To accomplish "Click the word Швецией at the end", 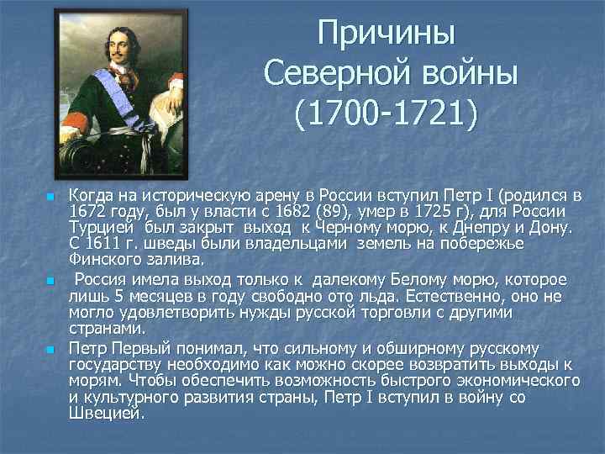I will (107, 414).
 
